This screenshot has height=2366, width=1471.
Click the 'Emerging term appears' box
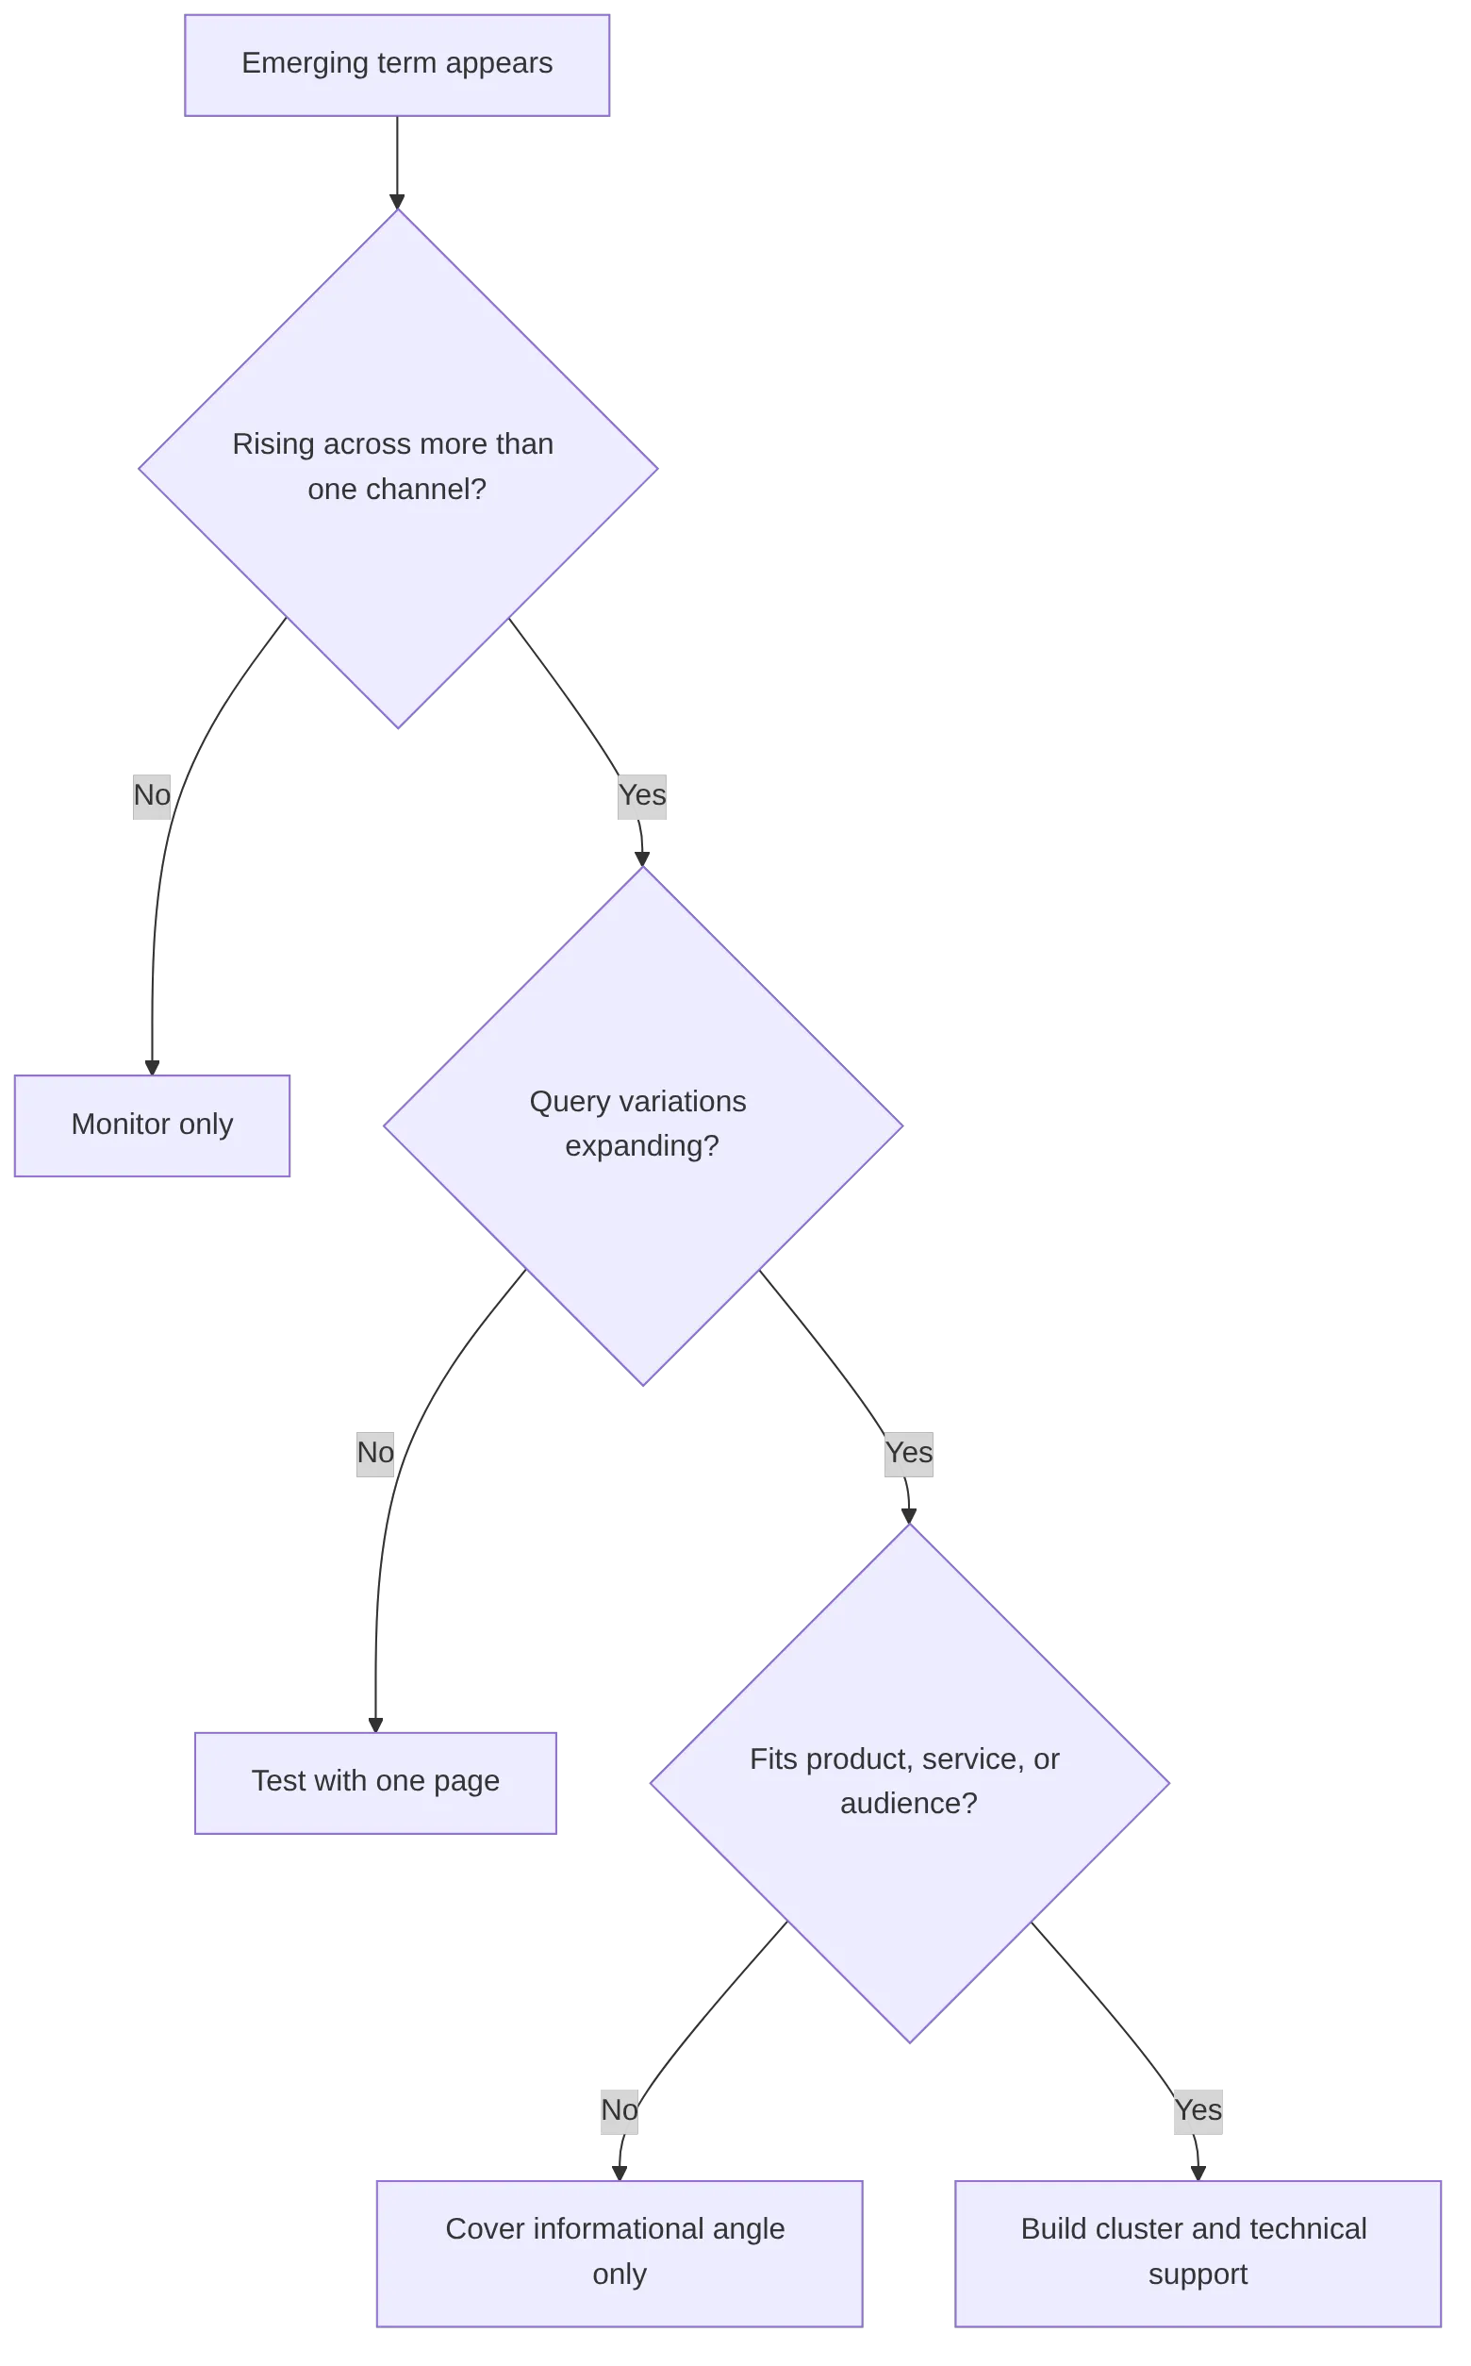tap(396, 65)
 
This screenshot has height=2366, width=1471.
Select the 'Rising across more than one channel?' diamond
tap(397, 468)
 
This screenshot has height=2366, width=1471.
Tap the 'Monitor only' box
tap(152, 1125)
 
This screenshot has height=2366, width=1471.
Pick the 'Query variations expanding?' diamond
tap(643, 1125)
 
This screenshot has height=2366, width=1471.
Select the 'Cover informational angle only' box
tap(620, 2252)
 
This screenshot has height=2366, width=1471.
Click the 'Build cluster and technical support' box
tap(1197, 2252)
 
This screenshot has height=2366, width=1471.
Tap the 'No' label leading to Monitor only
tap(151, 795)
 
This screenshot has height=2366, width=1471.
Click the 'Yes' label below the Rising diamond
tap(642, 795)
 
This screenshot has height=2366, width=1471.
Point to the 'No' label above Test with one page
tap(376, 1452)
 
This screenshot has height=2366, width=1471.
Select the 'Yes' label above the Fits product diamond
tap(909, 1452)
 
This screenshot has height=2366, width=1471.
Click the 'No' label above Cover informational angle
tap(619, 2109)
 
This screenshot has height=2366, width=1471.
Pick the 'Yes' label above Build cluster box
tap(1197, 2109)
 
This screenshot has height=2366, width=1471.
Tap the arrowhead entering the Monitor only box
tap(153, 1065)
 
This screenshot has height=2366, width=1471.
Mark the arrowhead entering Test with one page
tap(374, 1722)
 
